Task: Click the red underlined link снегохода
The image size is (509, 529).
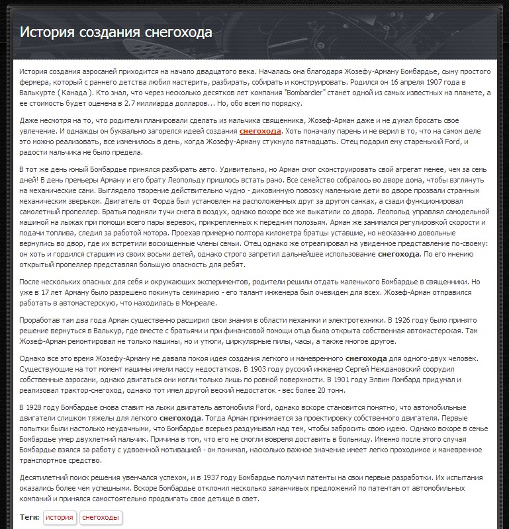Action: (260, 132)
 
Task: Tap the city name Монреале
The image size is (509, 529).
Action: (198, 303)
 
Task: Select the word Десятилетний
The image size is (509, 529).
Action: (42, 477)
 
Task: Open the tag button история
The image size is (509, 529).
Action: (60, 518)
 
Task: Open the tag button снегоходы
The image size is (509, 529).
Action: (101, 518)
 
